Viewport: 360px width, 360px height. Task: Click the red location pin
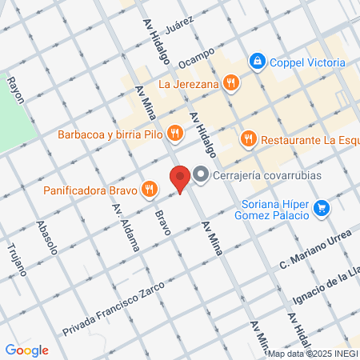point(180,178)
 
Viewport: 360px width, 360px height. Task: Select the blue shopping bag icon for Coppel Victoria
point(257,60)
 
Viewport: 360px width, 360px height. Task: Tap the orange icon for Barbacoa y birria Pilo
point(173,134)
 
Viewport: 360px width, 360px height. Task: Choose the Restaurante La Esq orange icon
point(248,138)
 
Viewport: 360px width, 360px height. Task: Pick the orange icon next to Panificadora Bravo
point(148,190)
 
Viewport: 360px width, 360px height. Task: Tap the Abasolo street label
point(47,237)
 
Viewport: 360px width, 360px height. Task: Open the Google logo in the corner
point(26,350)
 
